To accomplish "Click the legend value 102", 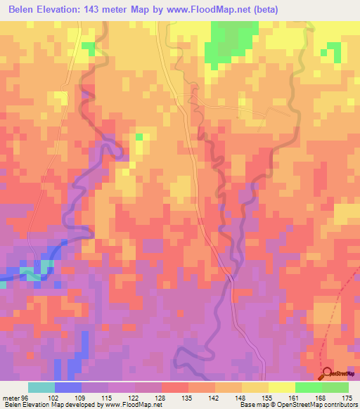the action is coord(53,397).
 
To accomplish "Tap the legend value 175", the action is coord(346,397).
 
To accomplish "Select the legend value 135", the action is coord(186,397).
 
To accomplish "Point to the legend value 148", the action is coord(240,397).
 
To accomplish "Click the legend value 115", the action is coord(106,397).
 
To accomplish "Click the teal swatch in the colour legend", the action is coord(41,387).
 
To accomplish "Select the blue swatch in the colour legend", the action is coord(67,387).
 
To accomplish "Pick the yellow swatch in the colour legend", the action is coord(281,387).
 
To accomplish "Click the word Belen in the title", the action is coord(24,10).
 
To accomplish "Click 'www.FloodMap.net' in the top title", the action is coord(211,10).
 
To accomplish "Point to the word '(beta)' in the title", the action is coord(266,10).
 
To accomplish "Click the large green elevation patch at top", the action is coord(229,42).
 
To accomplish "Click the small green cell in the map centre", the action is coord(139,136).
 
